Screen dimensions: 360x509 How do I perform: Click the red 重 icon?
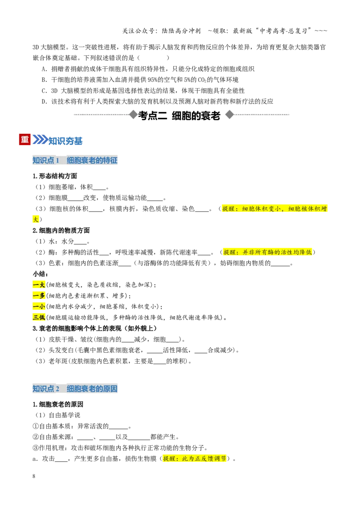(x=25, y=139)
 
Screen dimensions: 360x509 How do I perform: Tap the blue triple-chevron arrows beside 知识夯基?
(x=40, y=139)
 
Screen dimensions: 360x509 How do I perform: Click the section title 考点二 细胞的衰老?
(x=180, y=116)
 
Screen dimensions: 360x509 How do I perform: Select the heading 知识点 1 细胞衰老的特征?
(x=75, y=160)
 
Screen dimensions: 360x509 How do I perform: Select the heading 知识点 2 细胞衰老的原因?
(x=75, y=388)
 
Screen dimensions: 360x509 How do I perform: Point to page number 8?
(x=34, y=476)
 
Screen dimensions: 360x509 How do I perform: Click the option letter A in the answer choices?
(x=44, y=69)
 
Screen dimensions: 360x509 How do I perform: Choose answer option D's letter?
(x=44, y=102)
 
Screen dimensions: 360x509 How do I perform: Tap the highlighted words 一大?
(x=39, y=285)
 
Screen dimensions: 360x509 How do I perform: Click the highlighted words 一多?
(x=39, y=296)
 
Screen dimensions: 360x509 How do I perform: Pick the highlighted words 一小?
(x=39, y=307)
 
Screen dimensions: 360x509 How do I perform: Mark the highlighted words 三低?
(x=39, y=317)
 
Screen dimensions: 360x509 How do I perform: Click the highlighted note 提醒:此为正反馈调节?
(x=194, y=459)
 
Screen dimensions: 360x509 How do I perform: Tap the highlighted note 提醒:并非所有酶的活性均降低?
(x=267, y=252)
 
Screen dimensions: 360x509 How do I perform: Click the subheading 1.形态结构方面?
(x=55, y=176)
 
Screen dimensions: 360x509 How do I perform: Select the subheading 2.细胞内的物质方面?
(x=61, y=231)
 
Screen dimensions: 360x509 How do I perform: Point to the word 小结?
(x=40, y=274)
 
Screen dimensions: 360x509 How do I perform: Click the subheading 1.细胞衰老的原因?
(x=58, y=405)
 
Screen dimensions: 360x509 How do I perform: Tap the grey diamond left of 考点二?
(x=133, y=115)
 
